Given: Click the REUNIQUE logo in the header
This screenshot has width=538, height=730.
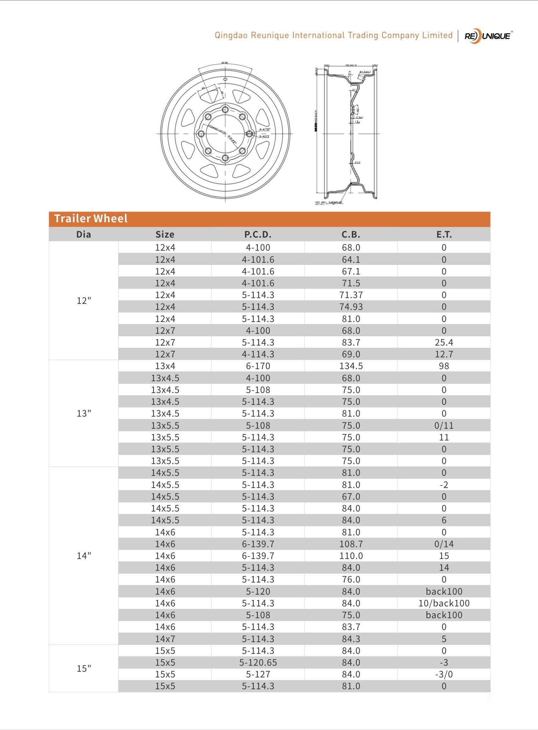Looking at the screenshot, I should click(488, 36).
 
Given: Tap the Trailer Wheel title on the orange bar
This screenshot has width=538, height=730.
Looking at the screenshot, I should click(91, 219).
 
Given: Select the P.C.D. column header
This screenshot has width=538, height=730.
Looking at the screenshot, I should click(258, 234).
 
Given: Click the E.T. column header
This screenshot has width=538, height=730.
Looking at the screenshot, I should click(444, 234).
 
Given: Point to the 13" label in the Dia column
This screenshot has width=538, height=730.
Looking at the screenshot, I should click(84, 413).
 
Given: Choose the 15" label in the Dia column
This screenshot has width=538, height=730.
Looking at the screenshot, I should click(84, 669).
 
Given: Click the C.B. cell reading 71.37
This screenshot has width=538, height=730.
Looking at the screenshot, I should click(351, 295).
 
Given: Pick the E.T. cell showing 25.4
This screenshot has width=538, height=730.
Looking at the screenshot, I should click(444, 342).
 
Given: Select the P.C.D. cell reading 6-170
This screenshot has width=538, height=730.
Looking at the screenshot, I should click(258, 366).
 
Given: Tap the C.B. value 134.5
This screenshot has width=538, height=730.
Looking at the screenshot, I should click(351, 366).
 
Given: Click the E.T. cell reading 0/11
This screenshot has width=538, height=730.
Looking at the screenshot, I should click(444, 426).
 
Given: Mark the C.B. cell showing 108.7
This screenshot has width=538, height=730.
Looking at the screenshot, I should click(351, 544).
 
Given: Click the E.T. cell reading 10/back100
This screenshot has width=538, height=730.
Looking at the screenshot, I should click(444, 603).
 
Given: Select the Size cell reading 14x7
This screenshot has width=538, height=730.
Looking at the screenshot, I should click(165, 639).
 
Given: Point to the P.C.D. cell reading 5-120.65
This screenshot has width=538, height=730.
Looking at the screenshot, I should click(258, 662).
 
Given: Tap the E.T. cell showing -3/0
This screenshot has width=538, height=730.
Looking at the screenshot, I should click(444, 674).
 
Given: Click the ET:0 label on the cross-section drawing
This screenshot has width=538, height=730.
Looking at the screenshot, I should click(357, 162).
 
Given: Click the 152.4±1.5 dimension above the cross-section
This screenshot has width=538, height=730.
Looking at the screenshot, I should click(350, 65).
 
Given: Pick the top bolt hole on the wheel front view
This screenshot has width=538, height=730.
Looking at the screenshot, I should click(225, 109).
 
